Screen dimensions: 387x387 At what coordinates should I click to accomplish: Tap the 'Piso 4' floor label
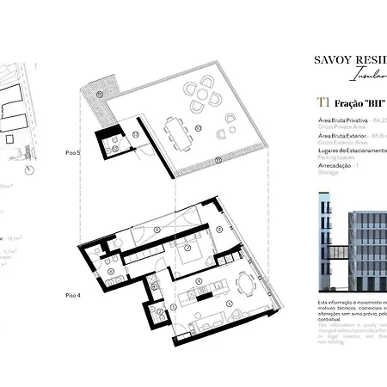[74, 294]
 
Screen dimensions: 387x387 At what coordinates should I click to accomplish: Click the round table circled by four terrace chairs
[205, 89]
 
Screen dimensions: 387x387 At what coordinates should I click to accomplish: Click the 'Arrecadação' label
[332, 165]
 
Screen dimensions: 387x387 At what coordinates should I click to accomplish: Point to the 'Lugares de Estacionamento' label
[348, 150]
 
